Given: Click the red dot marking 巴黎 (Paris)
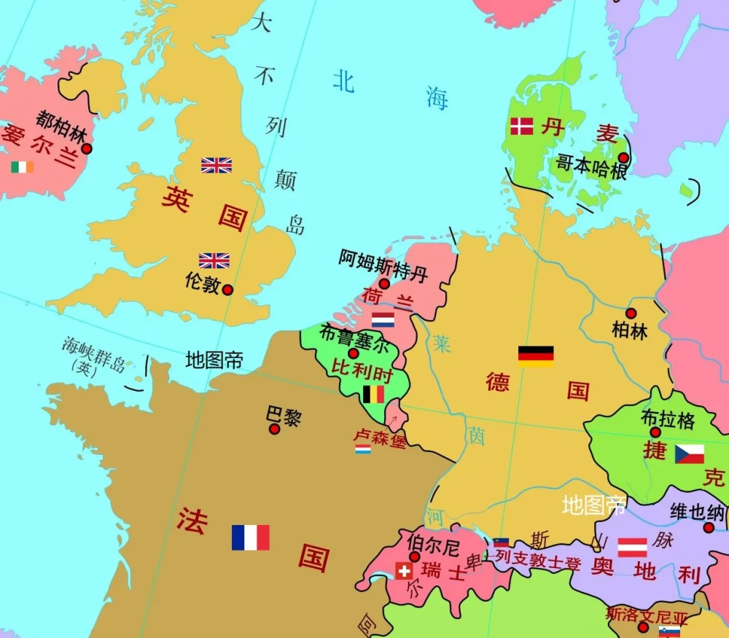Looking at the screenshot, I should point(274,429).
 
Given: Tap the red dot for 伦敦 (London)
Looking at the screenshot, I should point(227,289).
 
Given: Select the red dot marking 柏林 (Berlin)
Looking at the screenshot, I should point(631,313).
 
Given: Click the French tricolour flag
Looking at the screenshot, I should point(251,537).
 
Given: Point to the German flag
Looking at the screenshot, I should point(536,356).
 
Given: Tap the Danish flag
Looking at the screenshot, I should point(521,126).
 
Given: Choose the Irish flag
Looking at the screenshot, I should point(22,167).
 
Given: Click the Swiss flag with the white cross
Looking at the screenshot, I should point(404,571).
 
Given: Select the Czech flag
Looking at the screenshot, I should point(689,454).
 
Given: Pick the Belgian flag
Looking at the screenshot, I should point(373,394).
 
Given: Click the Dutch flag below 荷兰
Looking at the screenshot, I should point(383,319).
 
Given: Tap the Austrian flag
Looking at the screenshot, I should point(633,547).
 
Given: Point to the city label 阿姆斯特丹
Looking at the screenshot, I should point(383,264).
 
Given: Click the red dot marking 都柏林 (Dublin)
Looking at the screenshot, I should point(87,148).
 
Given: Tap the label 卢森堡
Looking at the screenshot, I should point(379,437).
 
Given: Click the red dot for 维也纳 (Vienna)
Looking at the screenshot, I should point(709,527).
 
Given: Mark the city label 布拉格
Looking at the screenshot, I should point(668,419).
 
